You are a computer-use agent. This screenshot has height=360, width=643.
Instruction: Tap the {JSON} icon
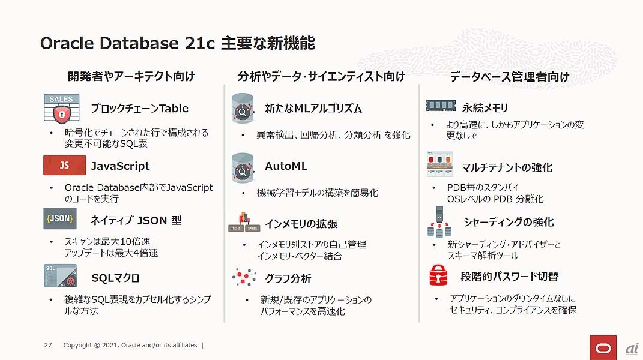click(x=60, y=219)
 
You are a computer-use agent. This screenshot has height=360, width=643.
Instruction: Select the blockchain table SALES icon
click(x=61, y=108)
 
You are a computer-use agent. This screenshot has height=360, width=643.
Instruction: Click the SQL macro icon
click(x=60, y=275)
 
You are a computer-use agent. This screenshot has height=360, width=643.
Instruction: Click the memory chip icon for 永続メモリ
click(x=441, y=106)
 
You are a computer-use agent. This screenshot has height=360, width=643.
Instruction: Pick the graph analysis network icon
click(x=244, y=277)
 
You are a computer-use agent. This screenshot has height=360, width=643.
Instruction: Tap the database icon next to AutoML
click(x=243, y=167)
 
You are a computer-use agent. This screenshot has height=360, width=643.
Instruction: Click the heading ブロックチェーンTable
click(x=139, y=109)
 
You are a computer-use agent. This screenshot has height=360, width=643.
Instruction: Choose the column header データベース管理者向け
click(x=509, y=76)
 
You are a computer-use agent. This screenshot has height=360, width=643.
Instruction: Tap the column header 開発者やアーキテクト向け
click(x=131, y=76)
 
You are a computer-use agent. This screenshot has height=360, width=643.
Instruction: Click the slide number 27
click(x=48, y=345)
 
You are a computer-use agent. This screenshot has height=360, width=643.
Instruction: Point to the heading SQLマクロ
click(x=115, y=278)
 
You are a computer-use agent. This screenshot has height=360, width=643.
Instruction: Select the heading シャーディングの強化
click(x=508, y=222)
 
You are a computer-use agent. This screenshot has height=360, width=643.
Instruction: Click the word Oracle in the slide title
click(x=66, y=43)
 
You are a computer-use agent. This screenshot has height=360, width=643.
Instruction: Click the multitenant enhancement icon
click(x=440, y=164)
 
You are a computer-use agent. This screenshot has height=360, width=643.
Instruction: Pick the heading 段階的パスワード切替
click(x=509, y=276)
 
